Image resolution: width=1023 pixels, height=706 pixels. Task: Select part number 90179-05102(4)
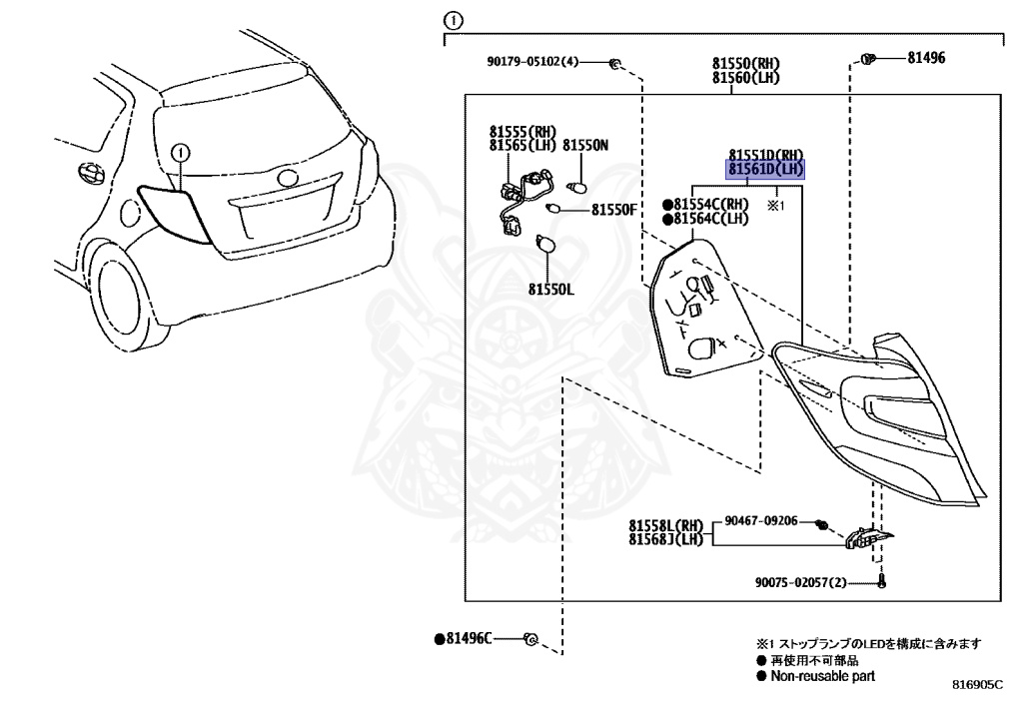[532, 62]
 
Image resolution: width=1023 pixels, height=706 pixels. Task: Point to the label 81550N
[585, 146]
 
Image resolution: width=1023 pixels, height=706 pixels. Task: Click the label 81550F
[613, 210]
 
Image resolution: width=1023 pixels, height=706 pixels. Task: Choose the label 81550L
[552, 290]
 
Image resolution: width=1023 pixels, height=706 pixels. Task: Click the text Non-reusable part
[822, 675]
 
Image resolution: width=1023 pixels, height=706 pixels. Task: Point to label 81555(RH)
[521, 131]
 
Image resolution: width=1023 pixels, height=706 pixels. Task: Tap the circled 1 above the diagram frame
[454, 20]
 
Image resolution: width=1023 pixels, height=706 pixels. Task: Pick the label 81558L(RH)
[666, 526]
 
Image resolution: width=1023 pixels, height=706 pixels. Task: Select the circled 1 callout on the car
[180, 153]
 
